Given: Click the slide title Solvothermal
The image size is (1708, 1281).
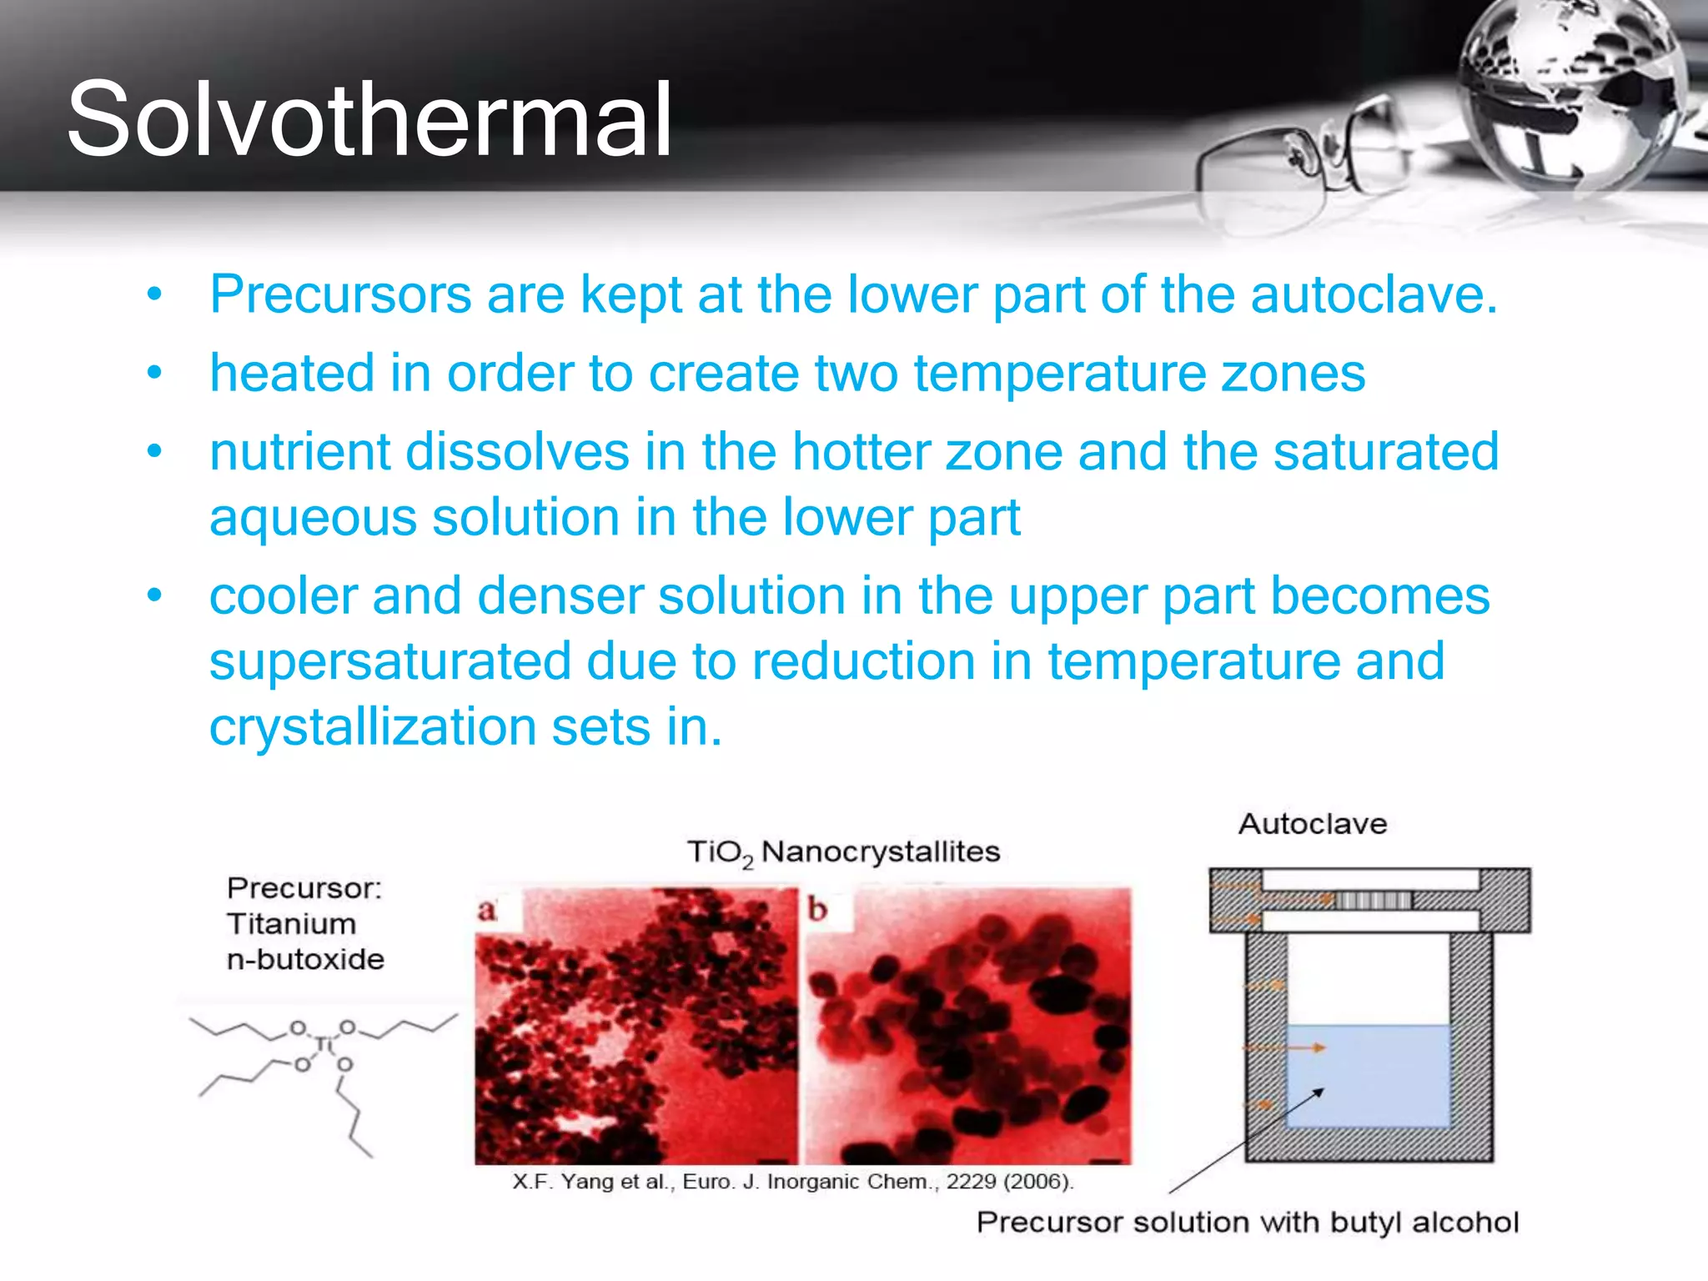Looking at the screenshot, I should click(369, 119).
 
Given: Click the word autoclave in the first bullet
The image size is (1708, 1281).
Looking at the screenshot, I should click(1374, 294).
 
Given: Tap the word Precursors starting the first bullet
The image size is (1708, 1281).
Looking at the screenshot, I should click(340, 294).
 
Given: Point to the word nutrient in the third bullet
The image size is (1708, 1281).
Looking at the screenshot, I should click(299, 452).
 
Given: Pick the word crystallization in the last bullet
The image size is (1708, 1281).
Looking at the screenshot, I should click(372, 726).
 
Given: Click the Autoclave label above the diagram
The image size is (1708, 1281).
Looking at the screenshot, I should click(1313, 824).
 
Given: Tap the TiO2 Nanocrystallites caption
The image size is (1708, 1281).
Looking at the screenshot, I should click(843, 852).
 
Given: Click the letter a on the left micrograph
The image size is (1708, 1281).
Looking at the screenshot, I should click(487, 910).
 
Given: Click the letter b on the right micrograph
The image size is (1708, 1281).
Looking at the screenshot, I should click(817, 909).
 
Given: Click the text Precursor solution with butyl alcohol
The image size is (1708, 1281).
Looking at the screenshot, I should click(1247, 1223).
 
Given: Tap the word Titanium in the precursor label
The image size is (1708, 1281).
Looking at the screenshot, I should click(291, 924).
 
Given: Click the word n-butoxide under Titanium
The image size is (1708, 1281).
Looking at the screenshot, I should click(305, 959).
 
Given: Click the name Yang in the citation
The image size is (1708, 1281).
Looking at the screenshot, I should click(587, 1182).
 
